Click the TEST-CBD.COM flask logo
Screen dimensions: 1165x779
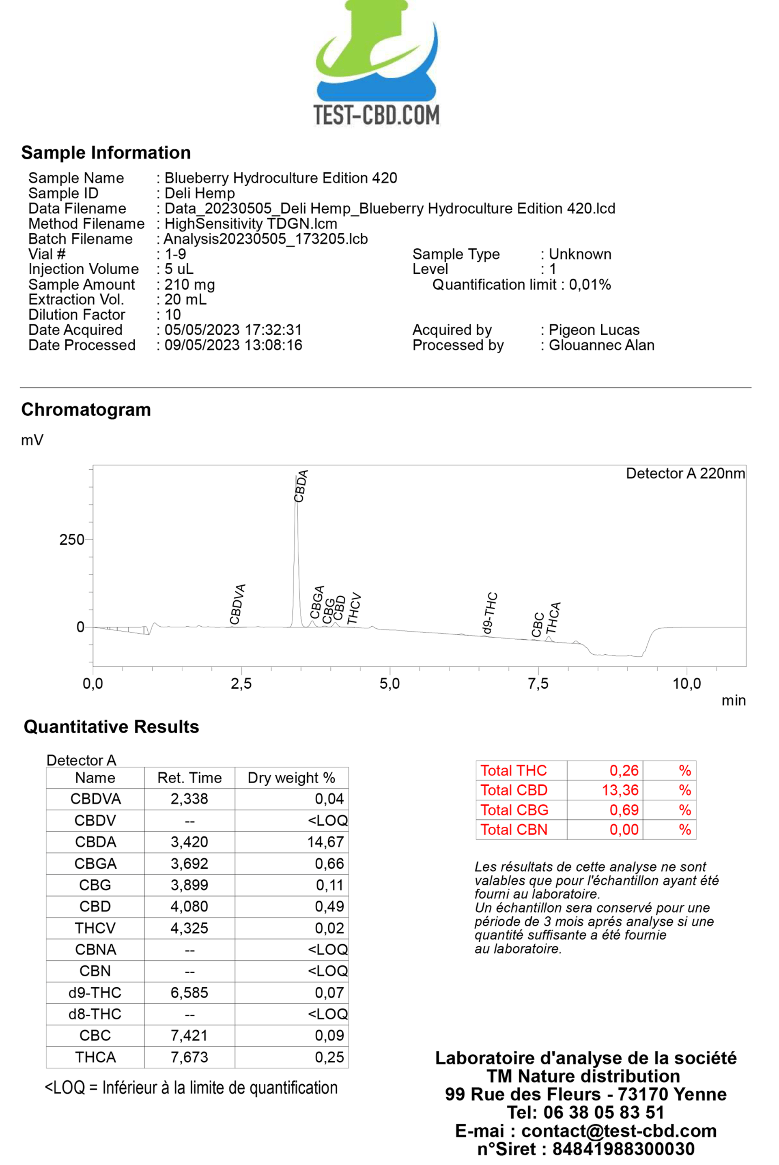377,62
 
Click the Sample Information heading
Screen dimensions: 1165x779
106,153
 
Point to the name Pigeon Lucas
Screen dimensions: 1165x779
594,330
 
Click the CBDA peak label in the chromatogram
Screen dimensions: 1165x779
301,486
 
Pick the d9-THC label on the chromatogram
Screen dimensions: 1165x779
490,613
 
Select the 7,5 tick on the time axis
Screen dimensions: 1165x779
538,684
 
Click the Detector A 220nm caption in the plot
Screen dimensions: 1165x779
685,473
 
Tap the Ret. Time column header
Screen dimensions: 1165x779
189,778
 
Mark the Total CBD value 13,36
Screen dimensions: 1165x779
620,790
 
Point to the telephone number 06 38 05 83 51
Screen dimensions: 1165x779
586,1112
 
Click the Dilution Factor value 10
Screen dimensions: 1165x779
173,315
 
